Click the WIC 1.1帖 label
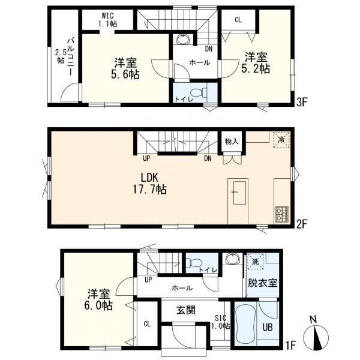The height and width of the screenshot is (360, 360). click(x=107, y=20)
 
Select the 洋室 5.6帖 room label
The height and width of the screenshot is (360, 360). click(x=125, y=68)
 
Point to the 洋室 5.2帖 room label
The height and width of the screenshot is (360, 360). click(x=256, y=62)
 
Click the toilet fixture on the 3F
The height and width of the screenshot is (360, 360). click(x=200, y=92)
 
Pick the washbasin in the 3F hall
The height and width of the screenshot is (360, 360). click(x=183, y=39)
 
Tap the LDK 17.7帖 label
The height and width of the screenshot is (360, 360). click(x=149, y=184)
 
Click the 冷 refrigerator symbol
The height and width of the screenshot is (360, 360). click(x=281, y=140)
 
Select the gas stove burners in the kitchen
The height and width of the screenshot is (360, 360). click(x=282, y=214)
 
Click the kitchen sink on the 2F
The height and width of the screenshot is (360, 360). click(x=239, y=193)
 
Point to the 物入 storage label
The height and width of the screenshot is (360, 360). click(x=232, y=142)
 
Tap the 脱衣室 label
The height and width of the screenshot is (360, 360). click(x=262, y=283)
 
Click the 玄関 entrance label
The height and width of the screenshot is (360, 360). click(x=186, y=310)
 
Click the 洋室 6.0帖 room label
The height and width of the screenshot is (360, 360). click(x=99, y=300)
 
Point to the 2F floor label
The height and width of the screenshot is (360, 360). click(x=302, y=224)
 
